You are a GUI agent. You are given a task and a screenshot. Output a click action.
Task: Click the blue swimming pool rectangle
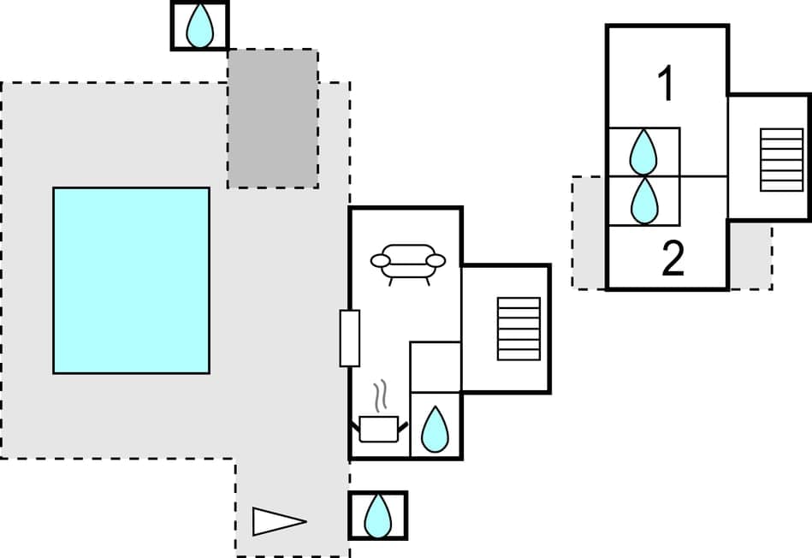point(131,280)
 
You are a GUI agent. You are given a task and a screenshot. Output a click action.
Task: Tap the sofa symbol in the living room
point(408,263)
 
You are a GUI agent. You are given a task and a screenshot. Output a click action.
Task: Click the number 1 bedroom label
point(666,85)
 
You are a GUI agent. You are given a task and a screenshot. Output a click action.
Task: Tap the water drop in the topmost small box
point(199,26)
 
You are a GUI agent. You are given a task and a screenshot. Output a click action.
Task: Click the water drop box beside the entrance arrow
point(377,515)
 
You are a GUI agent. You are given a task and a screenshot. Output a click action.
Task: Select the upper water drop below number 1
point(643,152)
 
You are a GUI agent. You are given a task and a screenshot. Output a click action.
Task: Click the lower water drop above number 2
point(643,201)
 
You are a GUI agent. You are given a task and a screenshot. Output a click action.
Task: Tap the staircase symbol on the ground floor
point(519,329)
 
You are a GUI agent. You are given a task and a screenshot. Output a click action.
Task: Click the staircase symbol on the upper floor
point(781,159)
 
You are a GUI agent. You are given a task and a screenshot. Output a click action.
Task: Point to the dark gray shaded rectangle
point(272,118)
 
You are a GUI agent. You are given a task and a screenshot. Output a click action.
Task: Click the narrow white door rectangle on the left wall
point(349,338)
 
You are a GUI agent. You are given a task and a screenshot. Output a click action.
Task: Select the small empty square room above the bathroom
point(436,366)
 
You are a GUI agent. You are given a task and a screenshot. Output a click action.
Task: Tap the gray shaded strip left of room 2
point(589,232)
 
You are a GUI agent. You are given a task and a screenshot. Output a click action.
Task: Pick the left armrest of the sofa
point(381,260)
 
